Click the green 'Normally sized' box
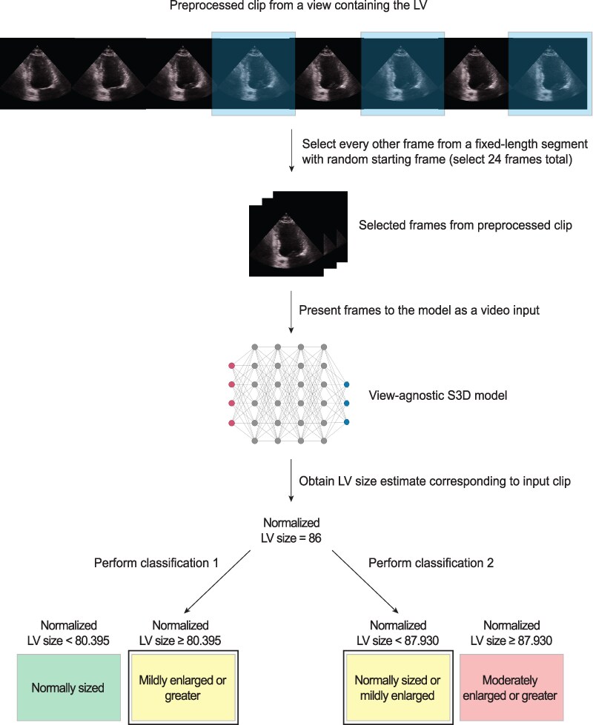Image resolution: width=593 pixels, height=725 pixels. [x=67, y=688]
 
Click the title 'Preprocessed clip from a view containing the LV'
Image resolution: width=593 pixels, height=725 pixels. [x=296, y=8]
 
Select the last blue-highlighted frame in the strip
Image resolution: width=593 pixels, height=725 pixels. [x=550, y=73]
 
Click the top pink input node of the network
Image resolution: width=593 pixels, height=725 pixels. [x=231, y=367]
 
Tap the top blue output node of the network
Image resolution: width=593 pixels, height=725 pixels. [x=347, y=385]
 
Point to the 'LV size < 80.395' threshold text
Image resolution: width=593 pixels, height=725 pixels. [x=67, y=638]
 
